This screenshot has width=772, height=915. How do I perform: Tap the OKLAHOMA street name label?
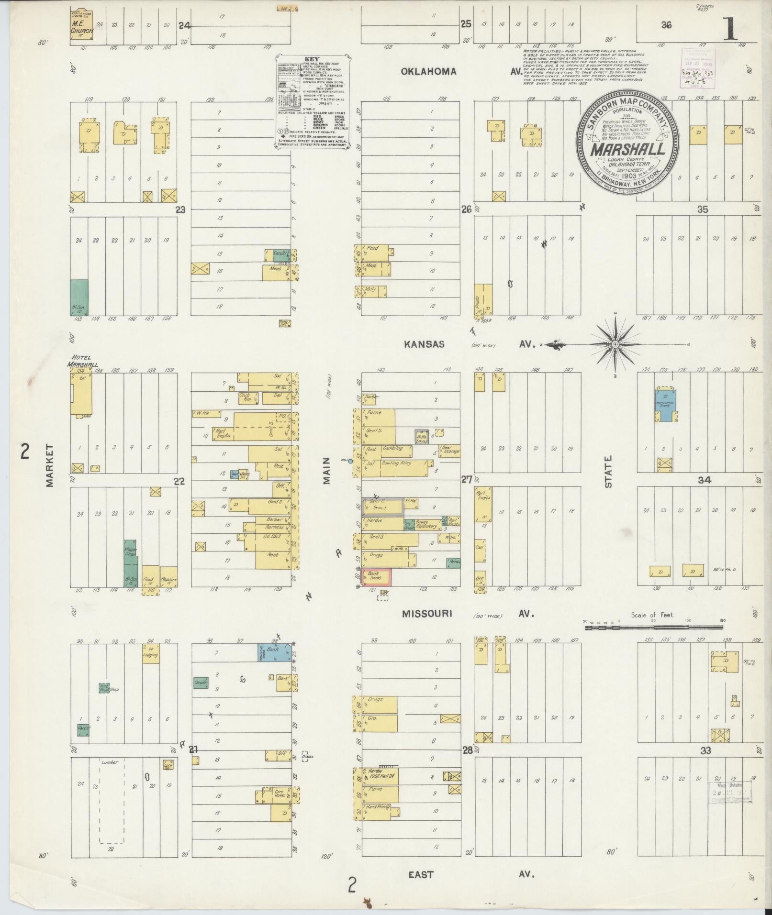[429, 72]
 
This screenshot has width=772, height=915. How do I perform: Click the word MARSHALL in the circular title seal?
[627, 149]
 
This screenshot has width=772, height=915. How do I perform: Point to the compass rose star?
[615, 343]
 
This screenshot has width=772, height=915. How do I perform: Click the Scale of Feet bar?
[654, 626]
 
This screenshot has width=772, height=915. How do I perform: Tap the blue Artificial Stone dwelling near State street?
[665, 405]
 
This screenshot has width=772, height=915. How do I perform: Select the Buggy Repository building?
[426, 525]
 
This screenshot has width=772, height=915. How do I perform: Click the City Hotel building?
[278, 795]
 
